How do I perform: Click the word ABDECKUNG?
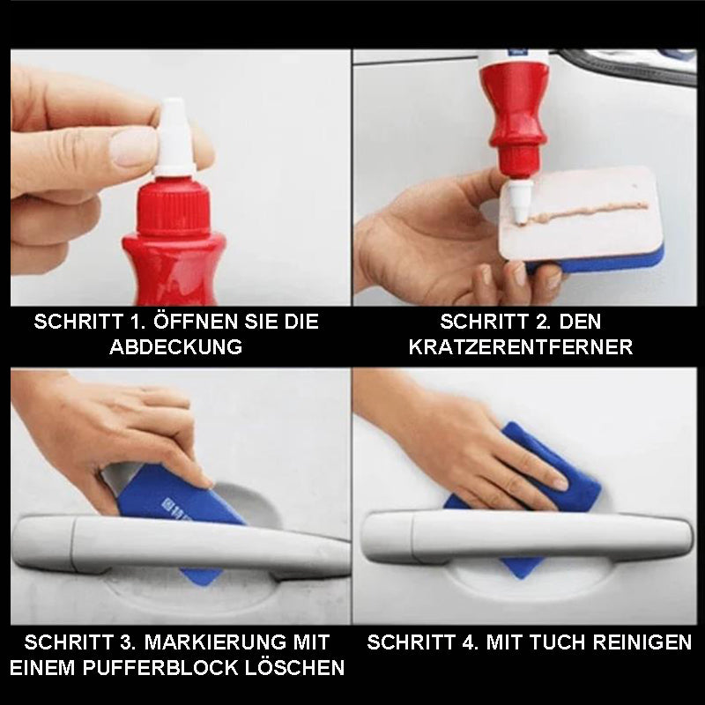tap(176, 346)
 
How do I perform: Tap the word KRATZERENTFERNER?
tap(521, 346)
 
